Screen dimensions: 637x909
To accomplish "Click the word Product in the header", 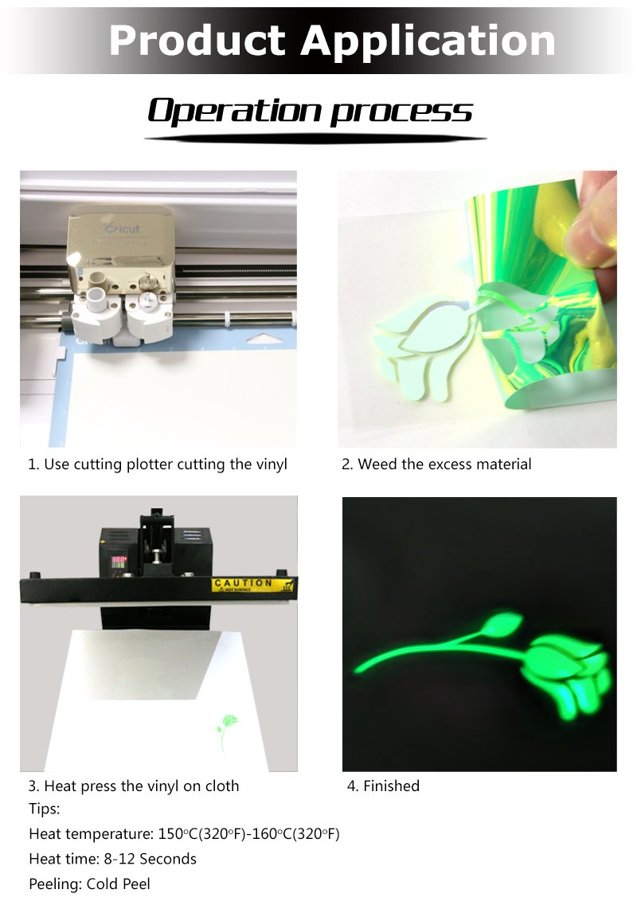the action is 197,41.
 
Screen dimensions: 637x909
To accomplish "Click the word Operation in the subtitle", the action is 235,110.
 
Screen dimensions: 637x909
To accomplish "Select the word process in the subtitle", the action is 401,112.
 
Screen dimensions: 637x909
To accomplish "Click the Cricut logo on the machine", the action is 123,228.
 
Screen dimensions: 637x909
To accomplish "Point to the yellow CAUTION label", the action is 252,585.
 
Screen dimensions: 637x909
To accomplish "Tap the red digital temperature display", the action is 119,562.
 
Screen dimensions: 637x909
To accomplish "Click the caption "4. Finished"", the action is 383,786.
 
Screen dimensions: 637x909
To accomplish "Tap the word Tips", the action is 45,809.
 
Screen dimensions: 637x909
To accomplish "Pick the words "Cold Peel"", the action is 118,884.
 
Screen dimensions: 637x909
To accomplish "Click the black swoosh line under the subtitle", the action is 315,139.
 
